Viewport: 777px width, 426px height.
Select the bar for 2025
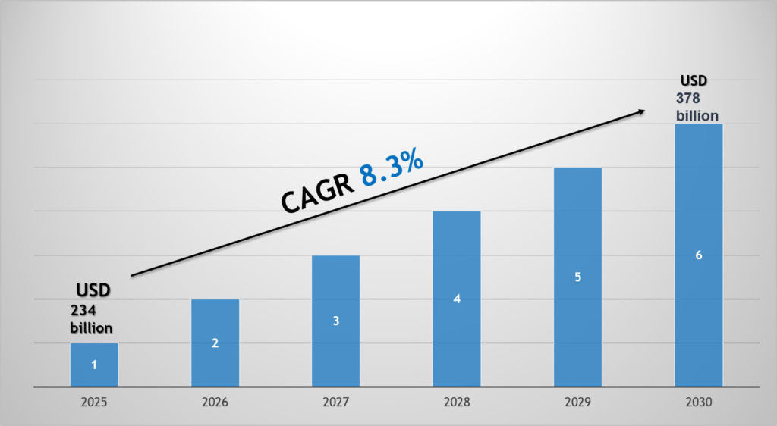94,365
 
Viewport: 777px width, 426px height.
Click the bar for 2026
215,343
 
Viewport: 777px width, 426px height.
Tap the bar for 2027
335,321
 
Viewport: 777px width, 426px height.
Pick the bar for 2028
457,299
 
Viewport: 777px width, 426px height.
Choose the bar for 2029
577,277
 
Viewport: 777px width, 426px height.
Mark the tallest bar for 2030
698,255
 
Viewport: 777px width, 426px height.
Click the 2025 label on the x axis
94,403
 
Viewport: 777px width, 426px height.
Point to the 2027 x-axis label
335,403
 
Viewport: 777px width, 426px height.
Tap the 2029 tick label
577,403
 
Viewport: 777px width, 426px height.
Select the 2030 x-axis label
698,403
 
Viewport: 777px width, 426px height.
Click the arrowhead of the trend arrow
641,111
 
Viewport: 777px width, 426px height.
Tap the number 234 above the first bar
83,310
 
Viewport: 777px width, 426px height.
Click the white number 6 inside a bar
698,255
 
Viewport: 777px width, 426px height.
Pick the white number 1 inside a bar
94,365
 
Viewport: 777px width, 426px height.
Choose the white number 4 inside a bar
457,299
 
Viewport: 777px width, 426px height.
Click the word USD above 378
693,80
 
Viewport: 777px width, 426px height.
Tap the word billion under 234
92,327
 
